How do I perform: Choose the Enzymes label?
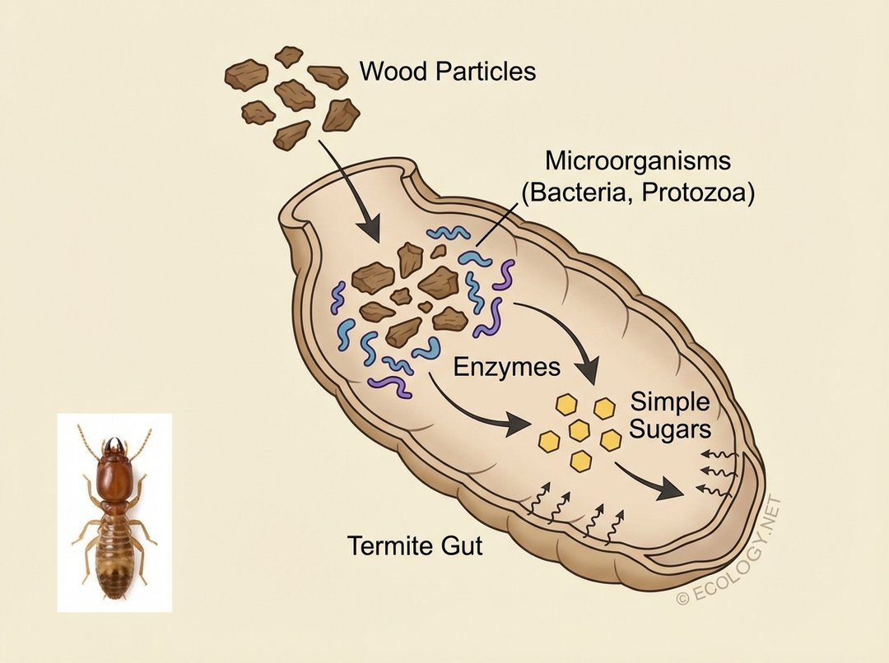point(507,367)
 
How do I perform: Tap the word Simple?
point(669,402)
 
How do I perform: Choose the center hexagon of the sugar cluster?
point(579,430)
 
